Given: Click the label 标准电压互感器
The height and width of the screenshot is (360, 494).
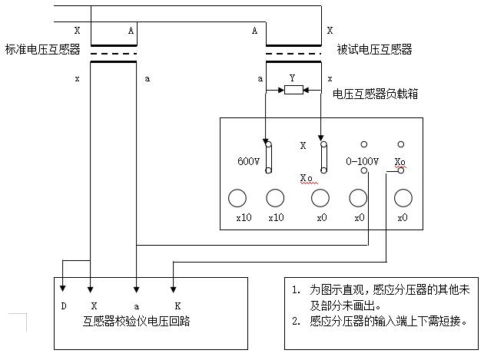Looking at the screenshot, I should (42, 50).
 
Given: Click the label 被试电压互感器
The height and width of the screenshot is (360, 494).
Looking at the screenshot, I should (375, 50).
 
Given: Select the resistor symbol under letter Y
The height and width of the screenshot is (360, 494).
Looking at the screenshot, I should (293, 90).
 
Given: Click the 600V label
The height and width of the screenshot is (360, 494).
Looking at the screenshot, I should (249, 162).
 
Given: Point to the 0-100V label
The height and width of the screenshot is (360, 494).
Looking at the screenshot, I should (363, 162).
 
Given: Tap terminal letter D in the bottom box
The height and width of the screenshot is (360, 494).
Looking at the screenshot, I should (63, 306).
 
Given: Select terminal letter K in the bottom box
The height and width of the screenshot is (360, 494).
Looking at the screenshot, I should (177, 306).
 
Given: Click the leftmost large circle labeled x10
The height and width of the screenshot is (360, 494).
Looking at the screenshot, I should (238, 198).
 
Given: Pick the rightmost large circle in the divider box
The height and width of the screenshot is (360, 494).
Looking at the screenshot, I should (403, 198).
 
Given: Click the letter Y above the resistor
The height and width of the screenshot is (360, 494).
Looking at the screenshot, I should (292, 78).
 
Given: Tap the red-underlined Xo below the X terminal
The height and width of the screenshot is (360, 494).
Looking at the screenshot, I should (307, 178).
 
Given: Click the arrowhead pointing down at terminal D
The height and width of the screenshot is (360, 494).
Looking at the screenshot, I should (63, 289).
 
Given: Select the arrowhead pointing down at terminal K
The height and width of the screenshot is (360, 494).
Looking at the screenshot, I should (174, 289).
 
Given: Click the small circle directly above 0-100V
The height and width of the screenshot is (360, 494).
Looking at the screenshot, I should (363, 144).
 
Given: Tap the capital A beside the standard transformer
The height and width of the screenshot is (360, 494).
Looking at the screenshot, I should (131, 31).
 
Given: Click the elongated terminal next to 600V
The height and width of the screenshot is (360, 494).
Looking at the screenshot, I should (268, 156).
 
